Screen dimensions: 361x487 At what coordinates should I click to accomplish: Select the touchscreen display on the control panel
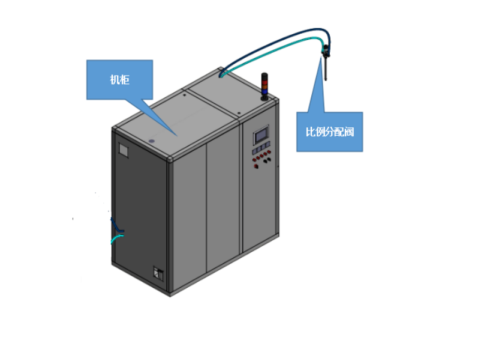pos(261,135)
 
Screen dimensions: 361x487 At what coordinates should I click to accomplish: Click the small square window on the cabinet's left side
pos(124,150)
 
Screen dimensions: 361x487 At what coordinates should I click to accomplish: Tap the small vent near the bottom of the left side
pos(158,273)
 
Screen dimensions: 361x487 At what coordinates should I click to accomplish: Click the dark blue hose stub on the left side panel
pos(115,225)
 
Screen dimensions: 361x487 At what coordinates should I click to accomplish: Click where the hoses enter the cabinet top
pos(223,75)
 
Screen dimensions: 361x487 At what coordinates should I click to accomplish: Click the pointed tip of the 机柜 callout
pos(176,135)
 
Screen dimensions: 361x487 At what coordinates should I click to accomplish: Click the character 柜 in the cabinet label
pos(125,80)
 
